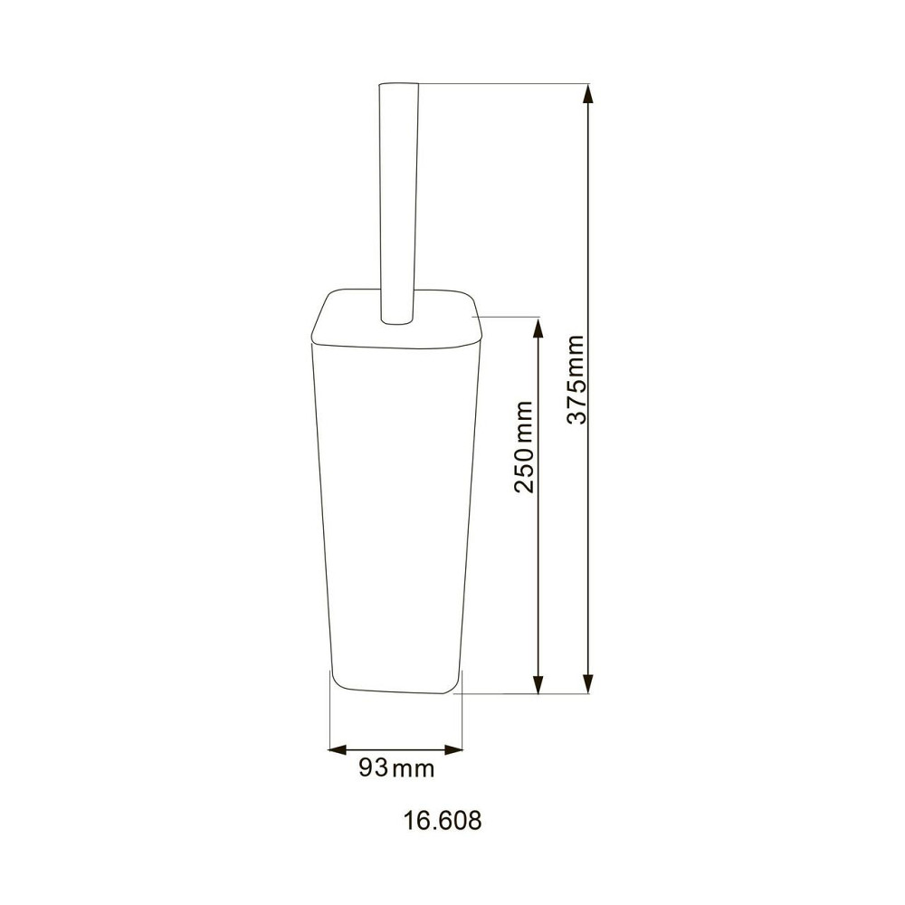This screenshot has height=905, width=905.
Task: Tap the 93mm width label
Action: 396,769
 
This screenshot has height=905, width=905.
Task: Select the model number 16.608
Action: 442,821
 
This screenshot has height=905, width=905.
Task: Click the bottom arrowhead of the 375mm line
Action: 588,685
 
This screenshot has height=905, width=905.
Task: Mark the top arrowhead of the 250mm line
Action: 538,325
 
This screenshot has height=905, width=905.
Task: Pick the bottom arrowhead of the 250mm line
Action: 538,685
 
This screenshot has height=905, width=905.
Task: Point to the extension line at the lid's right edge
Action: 507,317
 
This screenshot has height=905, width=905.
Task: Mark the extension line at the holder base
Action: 525,694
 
